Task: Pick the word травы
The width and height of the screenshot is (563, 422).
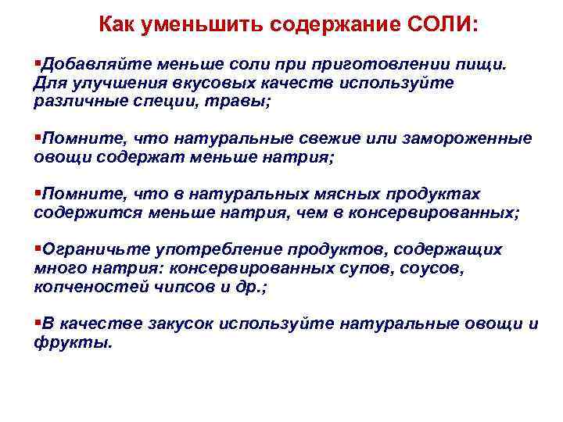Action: [241, 102]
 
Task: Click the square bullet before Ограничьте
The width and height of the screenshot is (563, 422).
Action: [38, 249]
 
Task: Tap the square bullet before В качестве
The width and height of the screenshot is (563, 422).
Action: [38, 323]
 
